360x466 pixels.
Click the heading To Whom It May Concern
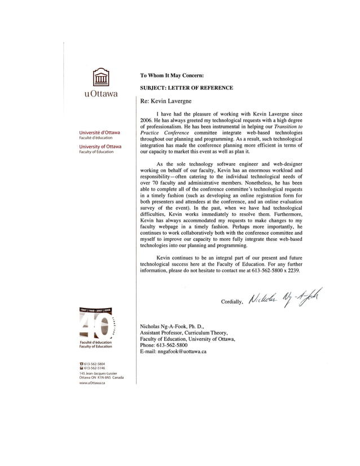(x=172, y=76)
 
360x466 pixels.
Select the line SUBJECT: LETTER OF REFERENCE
(x=186, y=88)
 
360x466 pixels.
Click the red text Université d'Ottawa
(x=99, y=132)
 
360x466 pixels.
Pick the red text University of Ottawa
(x=99, y=147)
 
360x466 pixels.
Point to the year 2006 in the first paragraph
(x=147, y=120)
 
